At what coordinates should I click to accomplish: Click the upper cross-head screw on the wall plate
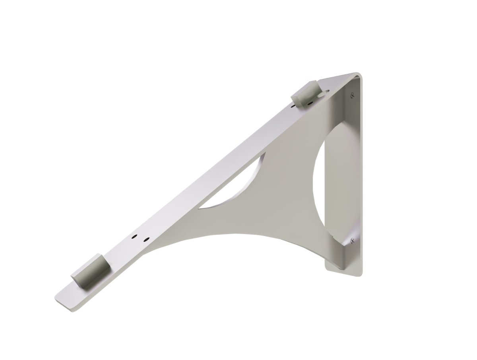pyautogui.click(x=351, y=95)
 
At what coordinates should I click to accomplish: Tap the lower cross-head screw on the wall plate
pyautogui.click(x=351, y=240)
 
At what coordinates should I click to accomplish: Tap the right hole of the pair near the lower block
pyautogui.click(x=146, y=239)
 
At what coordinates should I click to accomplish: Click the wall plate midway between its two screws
pyautogui.click(x=356, y=167)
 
